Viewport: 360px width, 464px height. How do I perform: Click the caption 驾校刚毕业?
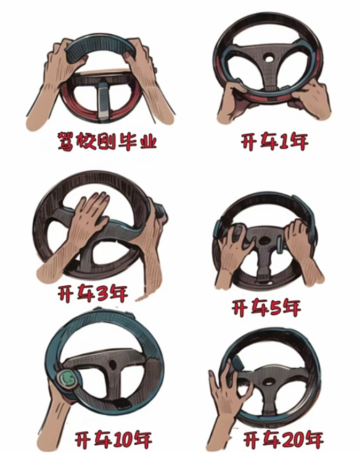(107, 141)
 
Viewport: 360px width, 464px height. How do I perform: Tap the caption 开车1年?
(274, 142)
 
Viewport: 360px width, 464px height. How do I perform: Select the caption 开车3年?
(93, 293)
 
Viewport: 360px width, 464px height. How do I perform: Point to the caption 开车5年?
(266, 308)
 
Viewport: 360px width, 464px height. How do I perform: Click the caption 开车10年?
(113, 440)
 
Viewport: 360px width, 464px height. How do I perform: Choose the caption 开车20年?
(283, 440)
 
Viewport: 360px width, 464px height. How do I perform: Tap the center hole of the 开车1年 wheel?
(269, 58)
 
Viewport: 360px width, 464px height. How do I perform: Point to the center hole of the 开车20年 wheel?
(269, 382)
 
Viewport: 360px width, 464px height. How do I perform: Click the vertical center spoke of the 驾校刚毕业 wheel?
(103, 101)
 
